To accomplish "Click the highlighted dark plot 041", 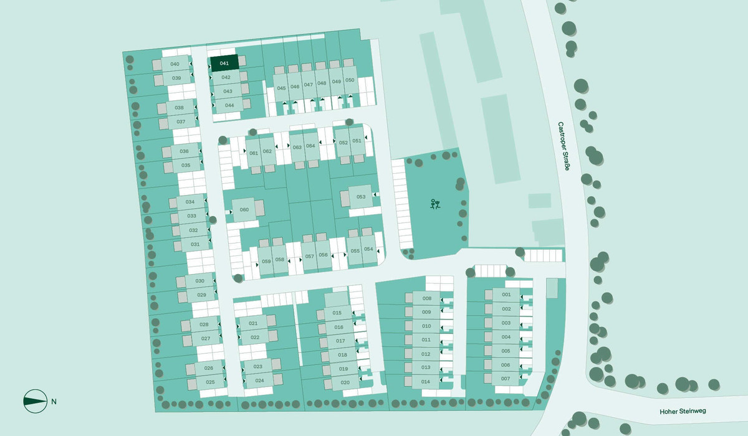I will [x=224, y=63].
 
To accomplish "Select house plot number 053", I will [x=361, y=197].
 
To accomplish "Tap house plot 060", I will [x=244, y=209].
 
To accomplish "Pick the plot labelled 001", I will [x=506, y=295].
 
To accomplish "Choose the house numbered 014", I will [x=426, y=381].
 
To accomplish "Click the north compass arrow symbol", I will [x=35, y=401].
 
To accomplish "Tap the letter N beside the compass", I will [x=54, y=401].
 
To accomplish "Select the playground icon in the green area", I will [x=435, y=204].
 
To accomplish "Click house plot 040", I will [x=175, y=64].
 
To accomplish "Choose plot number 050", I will [x=350, y=80].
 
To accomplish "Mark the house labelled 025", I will [x=210, y=382].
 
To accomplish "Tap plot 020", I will [x=345, y=382].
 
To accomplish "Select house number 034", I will [x=190, y=202].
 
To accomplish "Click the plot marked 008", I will [x=426, y=298].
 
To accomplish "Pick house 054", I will [x=368, y=250].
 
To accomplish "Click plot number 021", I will [x=254, y=323].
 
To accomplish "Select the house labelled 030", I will [x=199, y=282].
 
